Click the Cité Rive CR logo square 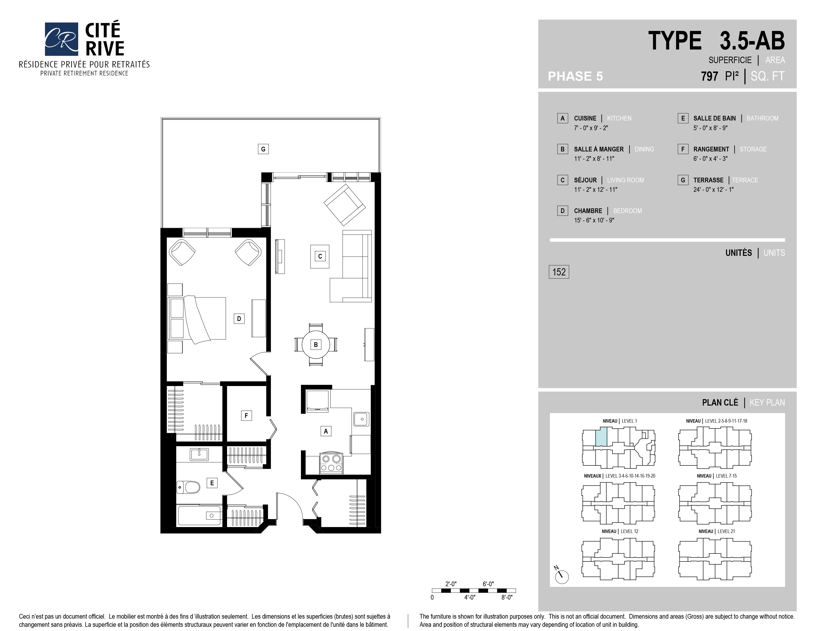click(x=61, y=39)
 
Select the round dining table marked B click(x=316, y=344)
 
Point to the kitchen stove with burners click(x=331, y=463)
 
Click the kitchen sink click(x=361, y=419)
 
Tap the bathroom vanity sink click(x=199, y=454)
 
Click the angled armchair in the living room click(x=344, y=204)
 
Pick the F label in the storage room click(x=246, y=415)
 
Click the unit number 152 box click(x=559, y=272)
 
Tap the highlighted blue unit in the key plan click(x=601, y=437)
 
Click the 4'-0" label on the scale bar click(x=470, y=597)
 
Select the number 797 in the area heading click(x=709, y=76)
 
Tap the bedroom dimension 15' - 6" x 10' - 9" click(x=594, y=220)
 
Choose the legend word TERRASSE click(x=708, y=180)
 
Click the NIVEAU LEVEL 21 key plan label click(x=717, y=531)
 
